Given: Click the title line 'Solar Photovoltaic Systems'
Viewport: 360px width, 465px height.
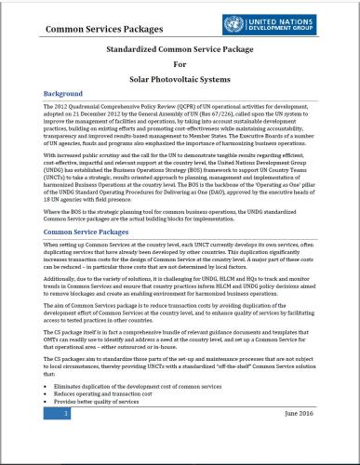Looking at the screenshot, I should (x=180, y=77).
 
